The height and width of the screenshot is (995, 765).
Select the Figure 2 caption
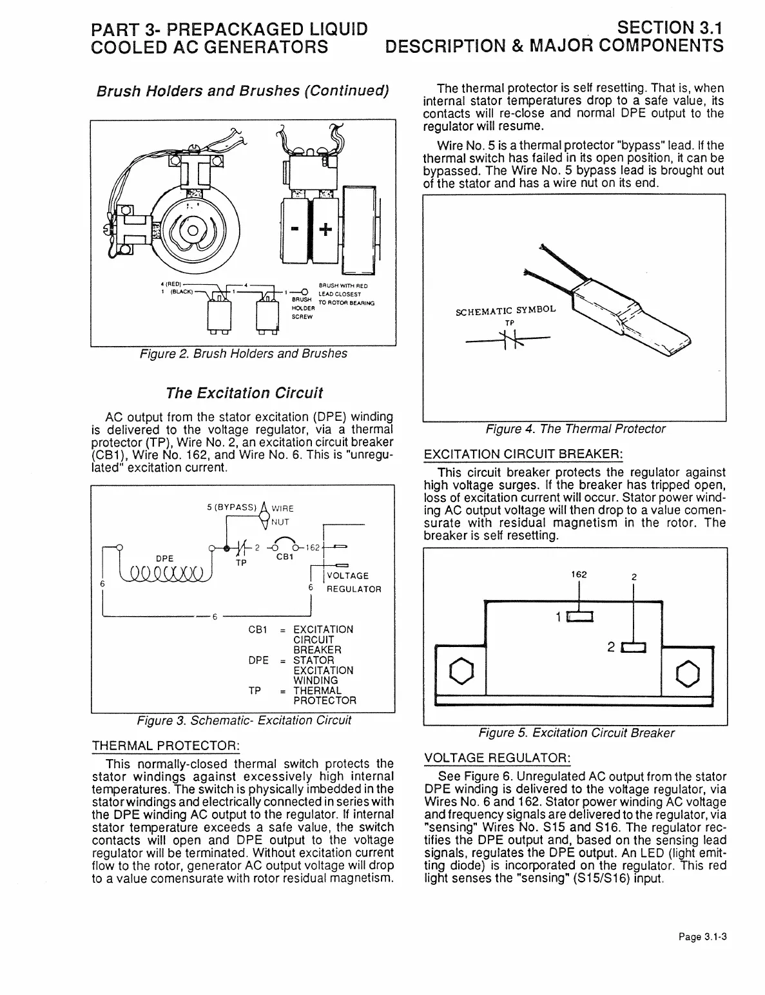point(243,354)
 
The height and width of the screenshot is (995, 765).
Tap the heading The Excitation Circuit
point(244,392)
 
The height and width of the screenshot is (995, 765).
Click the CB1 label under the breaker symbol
point(285,558)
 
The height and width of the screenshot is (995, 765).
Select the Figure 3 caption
point(243,720)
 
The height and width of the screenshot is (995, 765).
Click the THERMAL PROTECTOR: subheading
point(167,746)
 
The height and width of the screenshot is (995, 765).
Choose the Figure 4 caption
point(575,429)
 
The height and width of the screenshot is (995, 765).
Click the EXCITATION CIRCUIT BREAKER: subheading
point(523,455)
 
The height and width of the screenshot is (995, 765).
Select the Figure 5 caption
point(576,733)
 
